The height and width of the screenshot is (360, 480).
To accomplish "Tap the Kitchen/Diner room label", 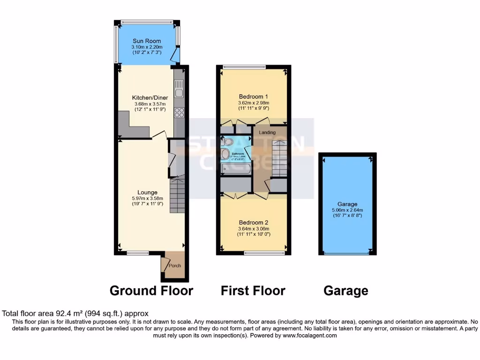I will coord(147,97).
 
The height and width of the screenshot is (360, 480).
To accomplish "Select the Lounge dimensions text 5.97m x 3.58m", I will coord(147,198).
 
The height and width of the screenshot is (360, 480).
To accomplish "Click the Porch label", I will coord(175,266).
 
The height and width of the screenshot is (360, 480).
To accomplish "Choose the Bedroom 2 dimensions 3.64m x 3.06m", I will coord(253,228).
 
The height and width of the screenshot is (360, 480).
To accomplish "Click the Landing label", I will coord(267,133).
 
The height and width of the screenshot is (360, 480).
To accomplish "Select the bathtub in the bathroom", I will coord(236,169).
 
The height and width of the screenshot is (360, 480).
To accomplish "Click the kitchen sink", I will coord(179,89).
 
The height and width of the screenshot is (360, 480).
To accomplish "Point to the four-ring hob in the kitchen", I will coord(179,112).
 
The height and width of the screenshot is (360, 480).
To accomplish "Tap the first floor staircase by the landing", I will coord(279,157).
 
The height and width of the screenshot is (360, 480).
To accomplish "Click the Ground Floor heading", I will coord(151,291).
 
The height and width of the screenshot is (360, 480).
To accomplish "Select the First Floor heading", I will coord(253,291).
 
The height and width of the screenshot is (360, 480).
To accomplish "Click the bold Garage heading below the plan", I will coord(346,291).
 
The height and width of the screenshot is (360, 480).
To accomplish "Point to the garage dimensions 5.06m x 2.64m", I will coord(347,210).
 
